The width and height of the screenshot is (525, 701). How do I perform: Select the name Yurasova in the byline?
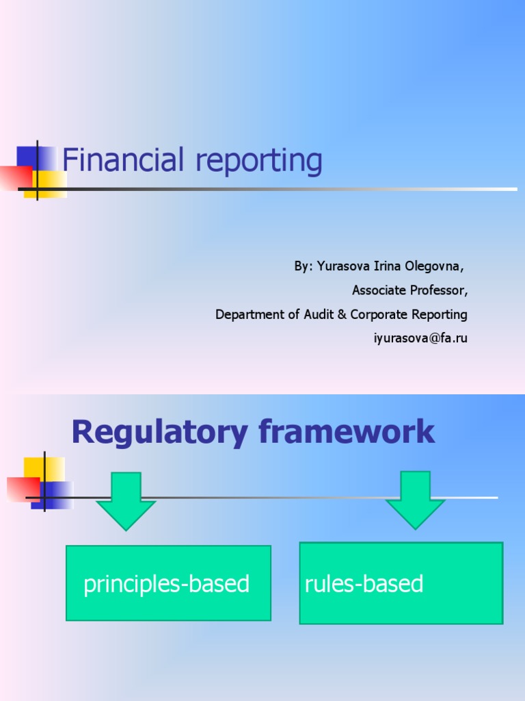[342, 266]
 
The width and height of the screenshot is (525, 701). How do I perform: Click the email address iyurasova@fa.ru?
[420, 338]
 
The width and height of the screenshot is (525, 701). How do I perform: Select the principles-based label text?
[166, 584]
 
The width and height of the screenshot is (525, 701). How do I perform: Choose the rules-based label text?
[364, 584]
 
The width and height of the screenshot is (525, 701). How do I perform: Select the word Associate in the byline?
[377, 290]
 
